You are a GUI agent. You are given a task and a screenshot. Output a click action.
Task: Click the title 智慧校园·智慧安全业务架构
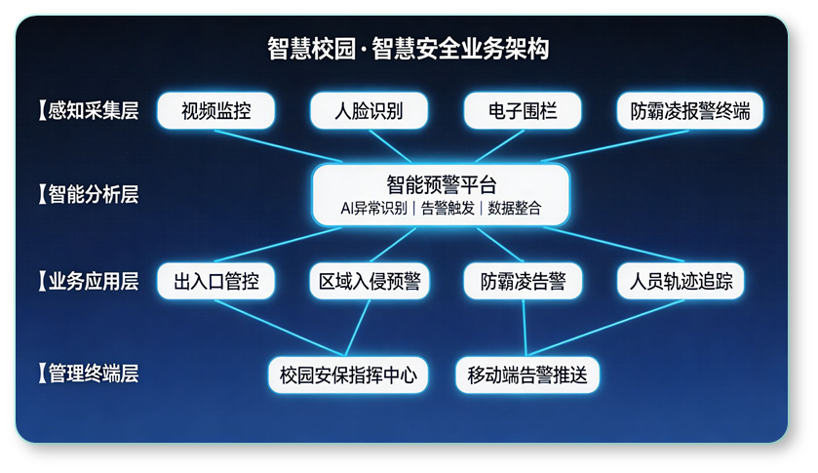click(408, 49)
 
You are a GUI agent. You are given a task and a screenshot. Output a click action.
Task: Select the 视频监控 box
click(215, 110)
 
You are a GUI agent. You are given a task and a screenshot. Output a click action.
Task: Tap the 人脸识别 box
click(369, 110)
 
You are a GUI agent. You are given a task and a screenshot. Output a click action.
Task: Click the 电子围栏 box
click(523, 110)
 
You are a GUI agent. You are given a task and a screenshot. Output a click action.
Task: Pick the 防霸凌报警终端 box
click(690, 110)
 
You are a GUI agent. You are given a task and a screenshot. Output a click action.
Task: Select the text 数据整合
click(514, 208)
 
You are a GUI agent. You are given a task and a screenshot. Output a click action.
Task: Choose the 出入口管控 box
click(215, 282)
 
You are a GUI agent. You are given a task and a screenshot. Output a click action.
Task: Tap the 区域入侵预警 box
click(370, 282)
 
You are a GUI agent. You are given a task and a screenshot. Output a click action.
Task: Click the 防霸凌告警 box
click(523, 282)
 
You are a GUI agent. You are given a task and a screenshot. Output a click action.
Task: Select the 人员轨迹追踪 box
click(682, 282)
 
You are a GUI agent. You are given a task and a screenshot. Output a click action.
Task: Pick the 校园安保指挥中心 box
click(348, 374)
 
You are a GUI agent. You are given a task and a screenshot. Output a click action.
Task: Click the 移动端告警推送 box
click(527, 374)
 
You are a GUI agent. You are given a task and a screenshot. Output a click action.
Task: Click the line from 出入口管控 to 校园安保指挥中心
click(278, 327)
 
